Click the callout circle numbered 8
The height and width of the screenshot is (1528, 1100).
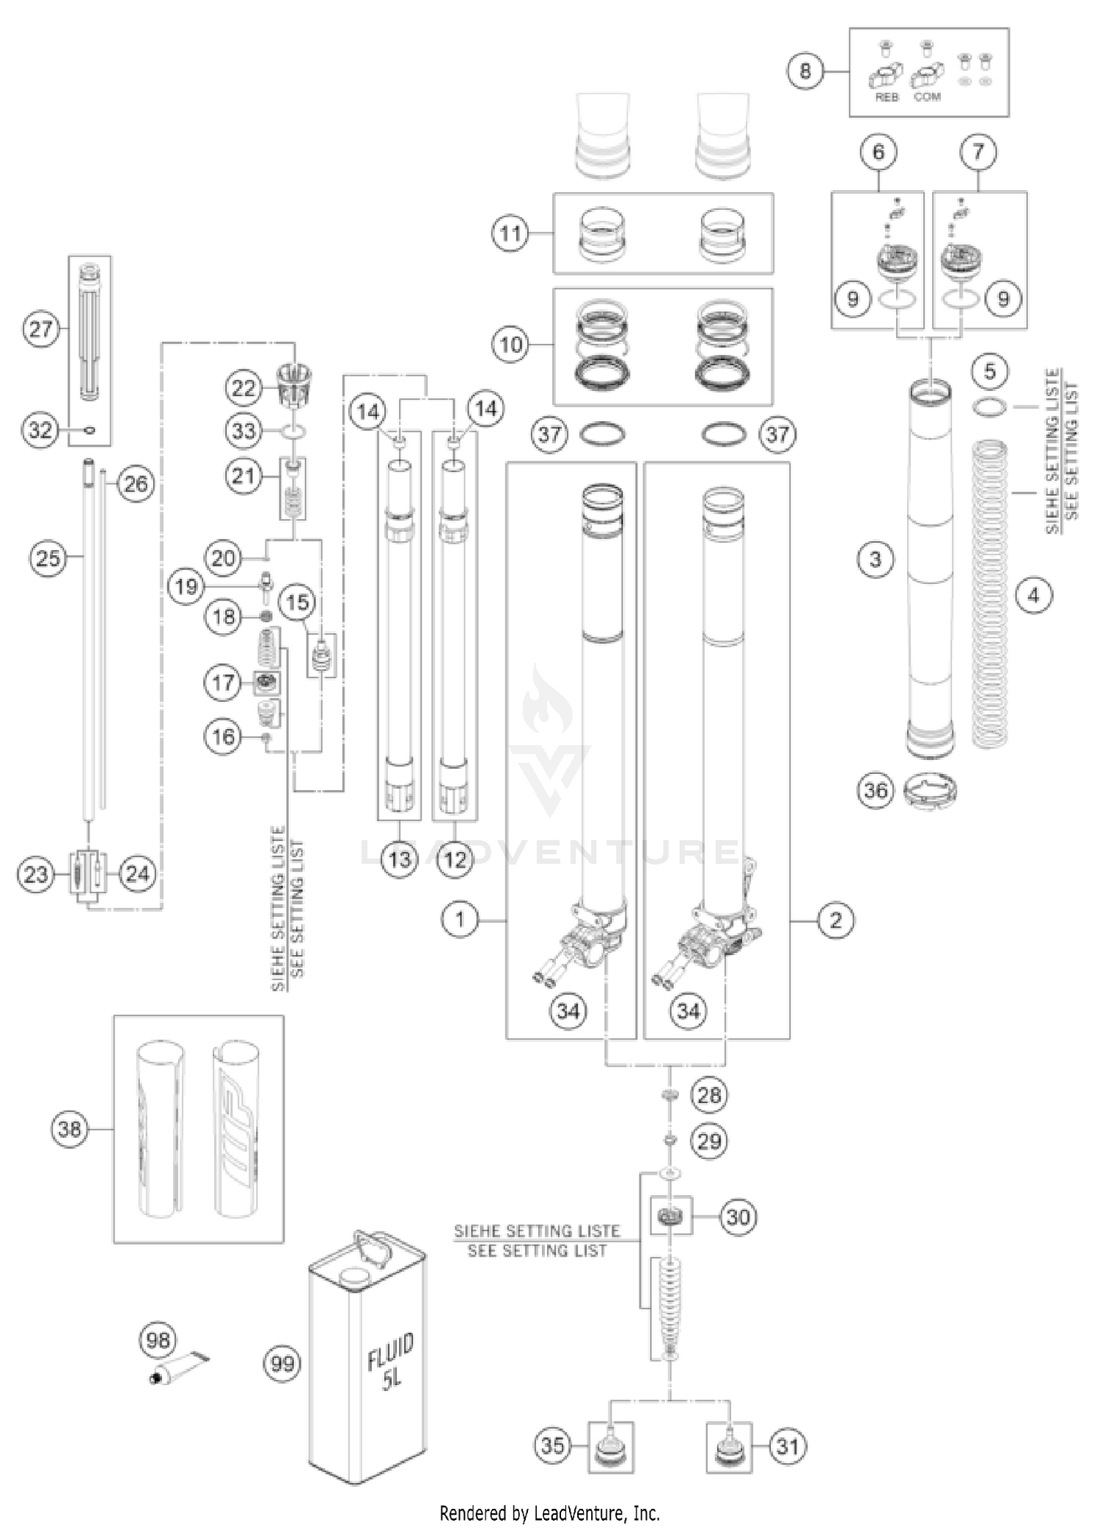pyautogui.click(x=805, y=71)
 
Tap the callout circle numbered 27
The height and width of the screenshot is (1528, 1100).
pyautogui.click(x=41, y=329)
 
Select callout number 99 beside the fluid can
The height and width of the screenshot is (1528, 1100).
pyautogui.click(x=282, y=1363)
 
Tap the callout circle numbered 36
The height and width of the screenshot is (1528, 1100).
pyautogui.click(x=876, y=791)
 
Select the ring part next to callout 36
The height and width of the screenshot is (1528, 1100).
pyautogui.click(x=931, y=791)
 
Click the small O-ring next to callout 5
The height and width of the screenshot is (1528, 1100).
pyautogui.click(x=990, y=406)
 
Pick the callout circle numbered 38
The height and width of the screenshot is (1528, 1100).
pyautogui.click(x=70, y=1128)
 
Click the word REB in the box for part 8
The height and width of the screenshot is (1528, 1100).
pyautogui.click(x=887, y=97)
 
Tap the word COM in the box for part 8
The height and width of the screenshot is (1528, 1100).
pyautogui.click(x=927, y=97)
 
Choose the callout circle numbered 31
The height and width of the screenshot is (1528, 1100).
pyautogui.click(x=787, y=1446)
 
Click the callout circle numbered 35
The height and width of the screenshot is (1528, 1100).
pyautogui.click(x=554, y=1446)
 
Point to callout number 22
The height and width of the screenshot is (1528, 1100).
pyautogui.click(x=243, y=388)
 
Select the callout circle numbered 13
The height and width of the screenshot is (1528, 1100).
pyautogui.click(x=399, y=859)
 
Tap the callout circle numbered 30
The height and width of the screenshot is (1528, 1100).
pyautogui.click(x=737, y=1217)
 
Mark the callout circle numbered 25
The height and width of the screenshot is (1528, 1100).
pyautogui.click(x=48, y=559)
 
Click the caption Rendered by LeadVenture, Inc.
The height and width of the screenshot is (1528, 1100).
pyautogui.click(x=549, y=1513)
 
